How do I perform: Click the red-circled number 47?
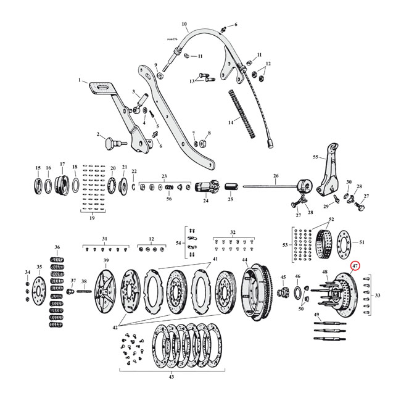pyautogui.click(x=355, y=266)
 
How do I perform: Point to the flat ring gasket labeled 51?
pyautogui.click(x=344, y=254)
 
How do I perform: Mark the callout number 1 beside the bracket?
pyautogui.click(x=79, y=80)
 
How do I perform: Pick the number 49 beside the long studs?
pyautogui.click(x=316, y=315)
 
